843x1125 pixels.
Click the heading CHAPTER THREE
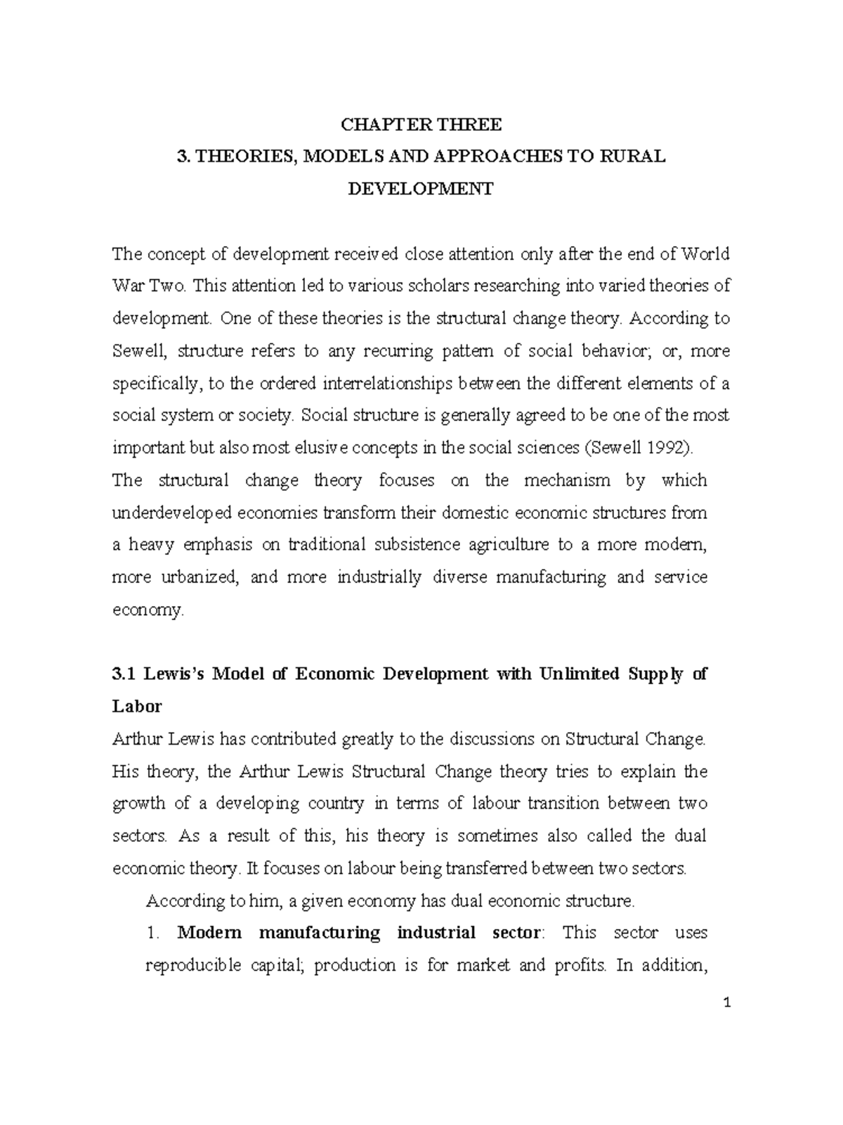[421, 125]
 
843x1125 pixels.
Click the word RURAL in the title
[632, 157]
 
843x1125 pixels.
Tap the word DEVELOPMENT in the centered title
[421, 189]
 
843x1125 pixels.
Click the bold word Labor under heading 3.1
[137, 706]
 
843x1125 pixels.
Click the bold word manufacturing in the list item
[320, 932]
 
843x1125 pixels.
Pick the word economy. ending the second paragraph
[148, 610]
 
